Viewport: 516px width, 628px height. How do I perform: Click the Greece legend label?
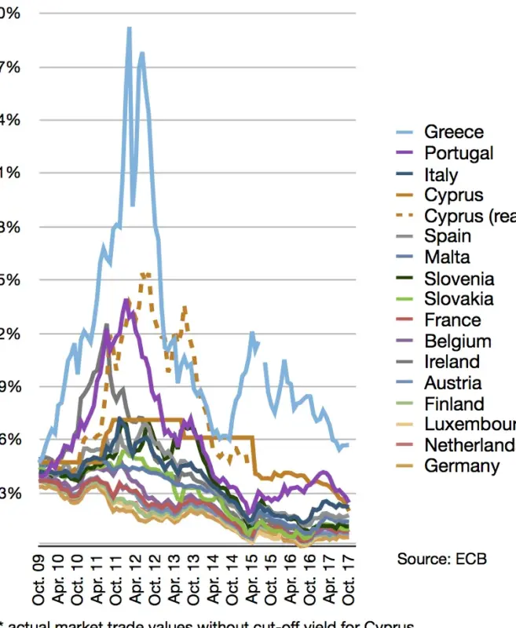point(454,132)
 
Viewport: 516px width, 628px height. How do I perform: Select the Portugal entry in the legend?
point(459,153)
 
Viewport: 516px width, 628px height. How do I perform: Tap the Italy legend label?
point(441,175)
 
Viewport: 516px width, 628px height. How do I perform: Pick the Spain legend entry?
point(448,236)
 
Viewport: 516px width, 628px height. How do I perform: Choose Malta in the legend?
point(447,257)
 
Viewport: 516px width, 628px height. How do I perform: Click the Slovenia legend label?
point(459,279)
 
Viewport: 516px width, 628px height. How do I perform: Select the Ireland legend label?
point(452,362)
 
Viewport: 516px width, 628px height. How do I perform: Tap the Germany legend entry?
point(462,466)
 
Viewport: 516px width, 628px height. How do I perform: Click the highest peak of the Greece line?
point(129,28)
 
